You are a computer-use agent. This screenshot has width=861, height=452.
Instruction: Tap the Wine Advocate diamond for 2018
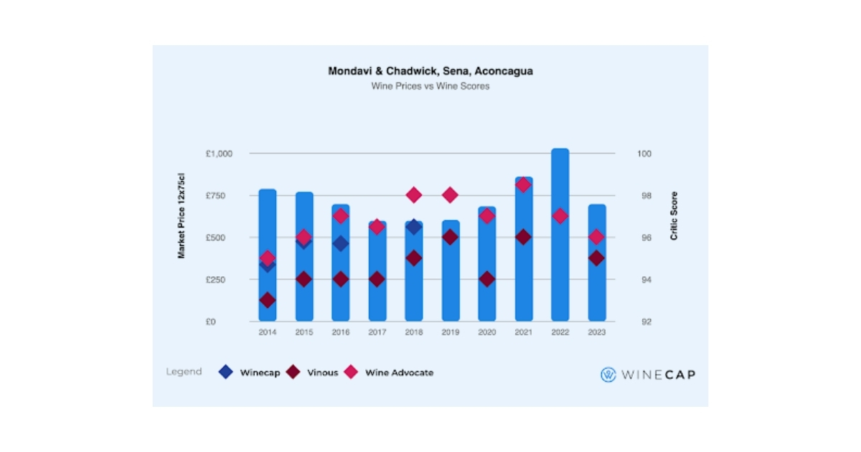point(413,195)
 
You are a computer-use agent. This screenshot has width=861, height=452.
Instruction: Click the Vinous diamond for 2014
point(268,300)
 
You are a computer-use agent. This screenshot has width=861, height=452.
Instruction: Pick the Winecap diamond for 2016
point(340,244)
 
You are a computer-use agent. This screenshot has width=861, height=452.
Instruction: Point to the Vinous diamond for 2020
point(487,279)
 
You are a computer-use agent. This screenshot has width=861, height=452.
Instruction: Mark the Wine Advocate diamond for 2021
point(524,184)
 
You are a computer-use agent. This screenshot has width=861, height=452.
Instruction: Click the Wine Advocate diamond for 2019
point(450,195)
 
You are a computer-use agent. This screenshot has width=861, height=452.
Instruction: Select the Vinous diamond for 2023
point(596,258)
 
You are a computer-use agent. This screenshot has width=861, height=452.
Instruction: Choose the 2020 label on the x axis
point(486,332)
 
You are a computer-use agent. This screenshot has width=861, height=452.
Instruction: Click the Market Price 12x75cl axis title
point(182,216)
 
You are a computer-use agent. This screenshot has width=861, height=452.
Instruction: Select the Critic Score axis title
point(674,216)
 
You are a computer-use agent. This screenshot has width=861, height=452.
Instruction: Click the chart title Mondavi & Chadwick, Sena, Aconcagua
point(430,72)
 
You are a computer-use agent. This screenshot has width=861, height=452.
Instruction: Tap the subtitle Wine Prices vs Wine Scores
point(430,86)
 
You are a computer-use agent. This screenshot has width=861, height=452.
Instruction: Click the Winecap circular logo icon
point(608,375)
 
